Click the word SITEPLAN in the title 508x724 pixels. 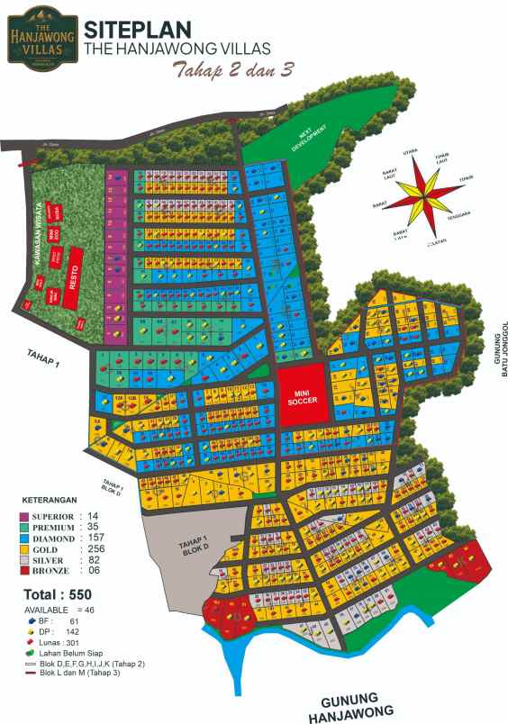tap(136, 30)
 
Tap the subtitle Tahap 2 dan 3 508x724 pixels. tap(234, 71)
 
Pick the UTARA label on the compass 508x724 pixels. tap(411, 153)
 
